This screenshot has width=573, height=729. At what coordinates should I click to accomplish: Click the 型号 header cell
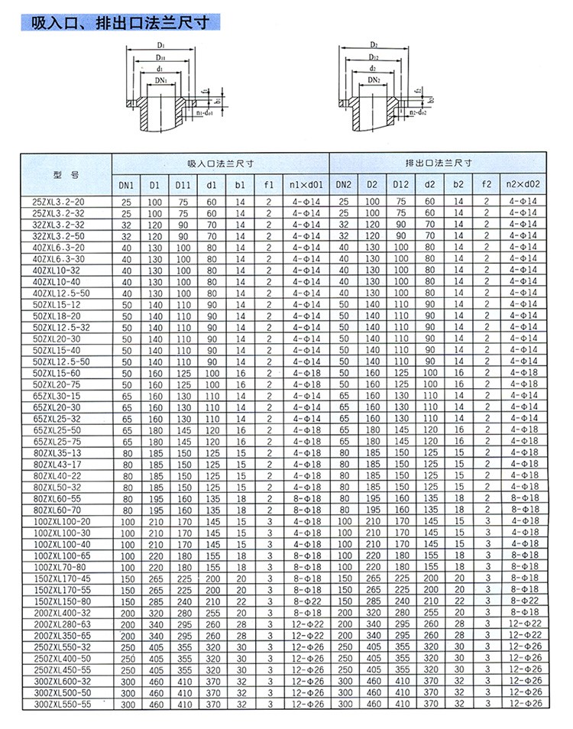[x=66, y=174]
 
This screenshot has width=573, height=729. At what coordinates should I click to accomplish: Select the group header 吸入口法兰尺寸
[x=220, y=164]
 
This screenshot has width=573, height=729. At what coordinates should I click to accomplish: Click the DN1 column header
[x=126, y=184]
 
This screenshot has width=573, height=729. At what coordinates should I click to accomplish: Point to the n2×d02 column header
[x=523, y=184]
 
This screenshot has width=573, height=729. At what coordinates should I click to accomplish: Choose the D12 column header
[x=401, y=184]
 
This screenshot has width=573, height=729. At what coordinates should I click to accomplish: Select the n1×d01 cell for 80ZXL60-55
[x=306, y=498]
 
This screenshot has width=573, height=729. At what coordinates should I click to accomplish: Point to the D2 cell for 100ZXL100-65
[x=372, y=556]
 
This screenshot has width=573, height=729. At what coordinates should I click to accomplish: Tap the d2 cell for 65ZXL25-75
[x=429, y=441]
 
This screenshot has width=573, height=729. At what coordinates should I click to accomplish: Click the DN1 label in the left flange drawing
[x=160, y=80]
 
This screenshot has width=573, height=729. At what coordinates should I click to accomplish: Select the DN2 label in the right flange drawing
[x=374, y=80]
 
